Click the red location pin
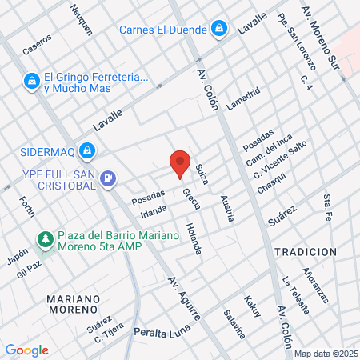[x=180, y=162]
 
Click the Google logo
[x=26, y=350]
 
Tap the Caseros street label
[x=37, y=43]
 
